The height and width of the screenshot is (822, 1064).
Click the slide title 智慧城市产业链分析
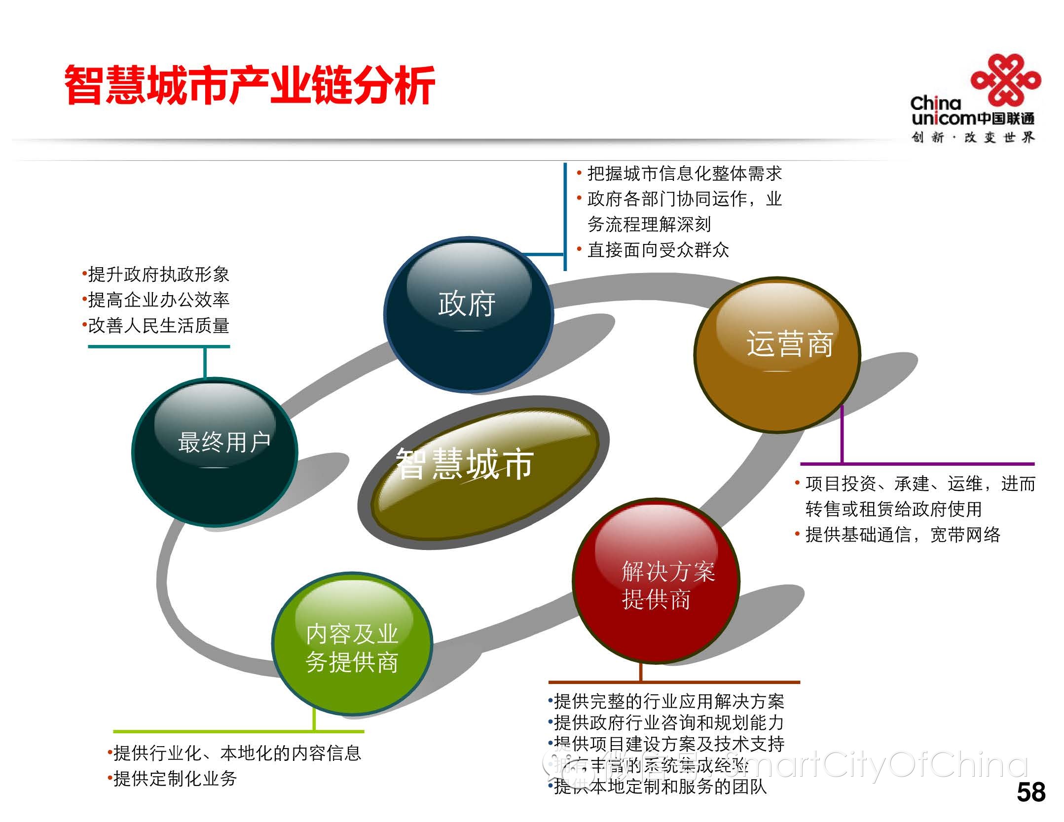coord(250,85)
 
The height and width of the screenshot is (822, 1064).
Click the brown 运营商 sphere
coord(777,354)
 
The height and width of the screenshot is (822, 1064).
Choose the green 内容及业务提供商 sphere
coord(352,644)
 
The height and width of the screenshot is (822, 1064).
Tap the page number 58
coord(1030,792)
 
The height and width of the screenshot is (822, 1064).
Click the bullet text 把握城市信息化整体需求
coord(684,173)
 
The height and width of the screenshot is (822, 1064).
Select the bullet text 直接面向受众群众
coord(658,250)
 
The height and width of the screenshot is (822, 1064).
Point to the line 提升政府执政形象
coord(158,274)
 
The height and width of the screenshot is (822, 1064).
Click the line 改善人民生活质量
coord(158,326)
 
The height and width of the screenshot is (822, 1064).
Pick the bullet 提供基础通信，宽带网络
coord(902,535)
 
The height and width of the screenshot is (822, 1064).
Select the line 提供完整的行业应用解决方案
coord(669,701)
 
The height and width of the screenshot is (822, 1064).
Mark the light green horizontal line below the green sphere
coord(238,731)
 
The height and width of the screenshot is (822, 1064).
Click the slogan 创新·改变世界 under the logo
coord(972,137)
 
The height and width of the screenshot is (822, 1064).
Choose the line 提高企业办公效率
coord(158,300)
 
